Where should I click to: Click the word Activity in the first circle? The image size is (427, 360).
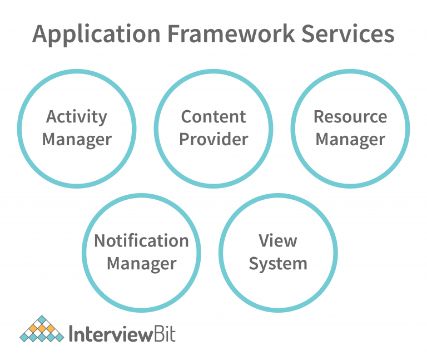tap(77, 117)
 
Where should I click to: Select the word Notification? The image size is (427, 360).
tap(141, 241)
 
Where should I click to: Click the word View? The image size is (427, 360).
tap(278, 241)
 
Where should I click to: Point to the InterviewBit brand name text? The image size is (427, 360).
tap(121, 334)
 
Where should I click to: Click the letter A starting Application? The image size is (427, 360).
tap(41, 34)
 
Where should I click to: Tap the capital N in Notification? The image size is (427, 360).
tap(100, 241)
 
